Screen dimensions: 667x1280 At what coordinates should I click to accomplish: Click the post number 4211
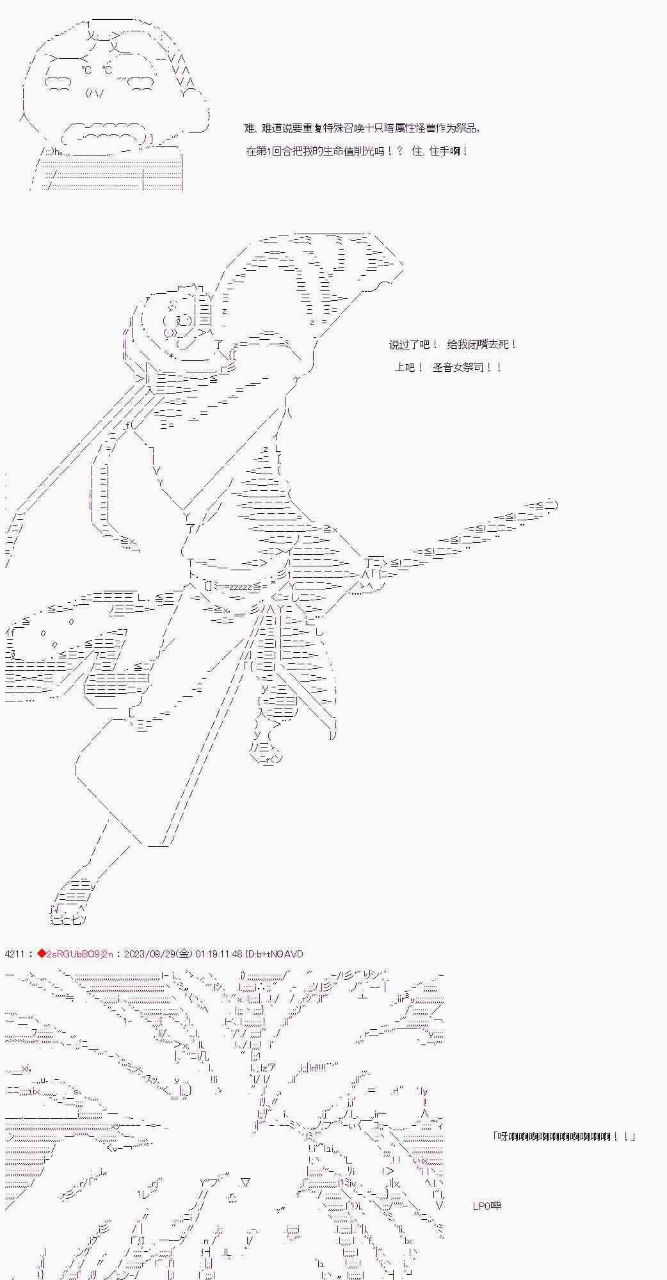[14, 954]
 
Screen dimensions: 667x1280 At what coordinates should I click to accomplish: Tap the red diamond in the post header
[42, 954]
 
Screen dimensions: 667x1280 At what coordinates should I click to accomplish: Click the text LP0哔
[487, 1206]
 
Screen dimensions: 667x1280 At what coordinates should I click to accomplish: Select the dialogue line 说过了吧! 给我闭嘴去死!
[453, 345]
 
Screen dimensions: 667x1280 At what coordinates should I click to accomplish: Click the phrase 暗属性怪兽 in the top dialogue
[410, 129]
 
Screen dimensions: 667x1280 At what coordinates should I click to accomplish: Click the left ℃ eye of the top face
[87, 70]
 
